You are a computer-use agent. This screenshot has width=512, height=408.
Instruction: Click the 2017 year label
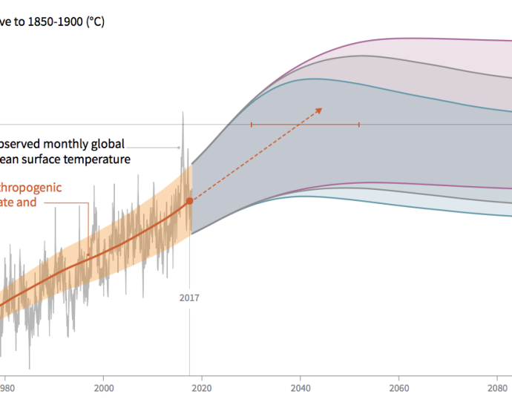click(189, 299)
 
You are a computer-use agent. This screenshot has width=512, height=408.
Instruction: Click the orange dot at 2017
click(189, 200)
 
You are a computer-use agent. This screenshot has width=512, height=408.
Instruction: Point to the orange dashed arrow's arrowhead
click(320, 110)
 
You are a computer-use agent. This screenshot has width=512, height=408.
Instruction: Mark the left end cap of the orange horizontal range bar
click(252, 125)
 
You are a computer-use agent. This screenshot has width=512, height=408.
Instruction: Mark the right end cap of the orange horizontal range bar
click(359, 125)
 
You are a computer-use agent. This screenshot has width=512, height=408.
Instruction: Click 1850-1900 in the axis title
click(49, 22)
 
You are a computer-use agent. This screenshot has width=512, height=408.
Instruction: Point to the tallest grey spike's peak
click(181, 113)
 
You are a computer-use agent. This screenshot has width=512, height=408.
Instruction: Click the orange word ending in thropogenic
click(31, 187)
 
